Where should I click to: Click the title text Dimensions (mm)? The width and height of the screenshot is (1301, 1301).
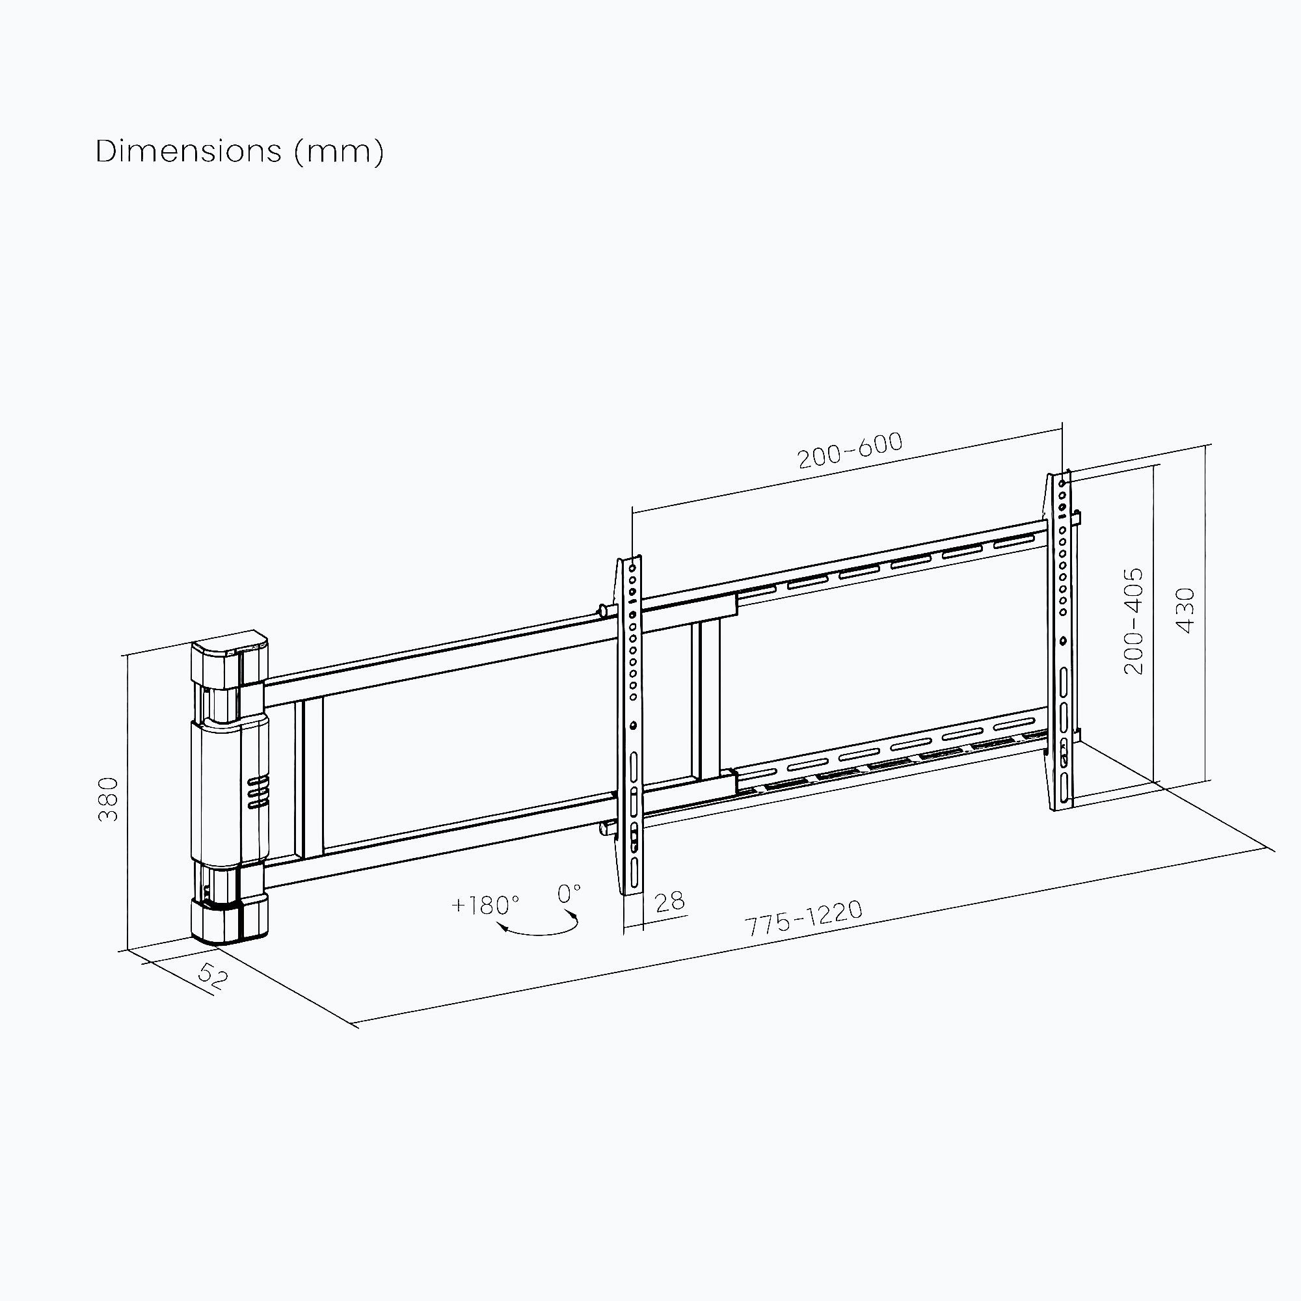[x=240, y=152]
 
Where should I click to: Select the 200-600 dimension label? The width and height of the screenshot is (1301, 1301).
[x=850, y=451]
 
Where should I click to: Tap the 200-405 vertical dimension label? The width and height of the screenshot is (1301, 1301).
[x=1133, y=621]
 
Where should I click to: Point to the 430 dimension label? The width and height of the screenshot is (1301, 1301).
[x=1185, y=611]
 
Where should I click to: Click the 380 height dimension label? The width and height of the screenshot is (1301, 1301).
[x=109, y=799]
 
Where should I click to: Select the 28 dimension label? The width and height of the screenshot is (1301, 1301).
[x=669, y=902]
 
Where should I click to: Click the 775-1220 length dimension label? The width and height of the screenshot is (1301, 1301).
[x=804, y=918]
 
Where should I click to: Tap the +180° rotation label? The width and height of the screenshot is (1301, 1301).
[x=485, y=905]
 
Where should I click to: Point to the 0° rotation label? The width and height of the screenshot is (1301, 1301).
[x=569, y=894]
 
